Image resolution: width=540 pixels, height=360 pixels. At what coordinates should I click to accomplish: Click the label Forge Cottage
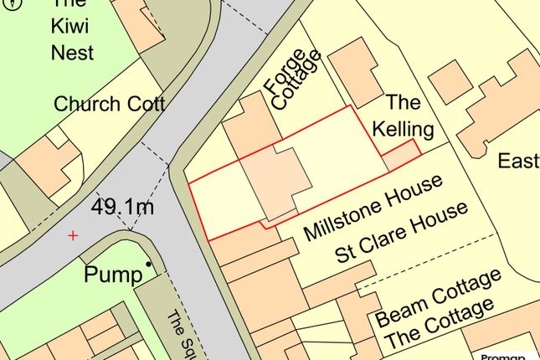tap(291, 82)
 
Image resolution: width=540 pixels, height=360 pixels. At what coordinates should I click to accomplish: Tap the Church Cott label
tap(109, 105)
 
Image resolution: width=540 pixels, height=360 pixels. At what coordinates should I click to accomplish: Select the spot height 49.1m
tap(123, 205)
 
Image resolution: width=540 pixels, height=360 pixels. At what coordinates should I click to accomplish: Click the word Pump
tap(112, 275)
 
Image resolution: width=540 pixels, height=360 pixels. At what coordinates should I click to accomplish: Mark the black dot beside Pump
tap(149, 265)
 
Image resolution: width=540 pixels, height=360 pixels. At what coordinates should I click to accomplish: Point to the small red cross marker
tap(73, 236)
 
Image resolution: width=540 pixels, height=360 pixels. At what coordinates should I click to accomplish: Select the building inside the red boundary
tap(275, 177)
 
